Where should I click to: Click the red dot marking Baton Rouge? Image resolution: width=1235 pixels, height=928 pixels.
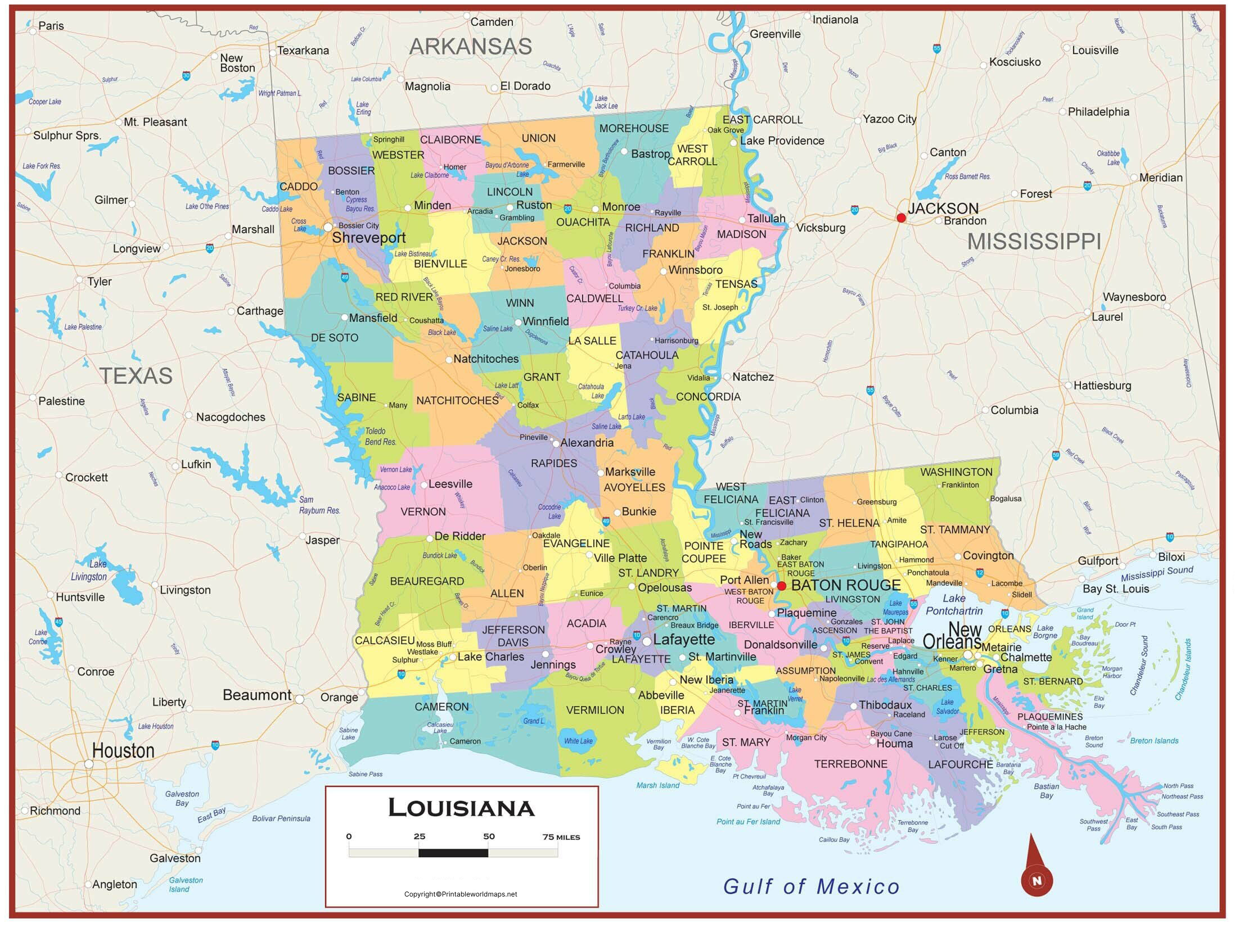point(781,586)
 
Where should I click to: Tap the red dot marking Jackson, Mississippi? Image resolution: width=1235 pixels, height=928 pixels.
point(901,218)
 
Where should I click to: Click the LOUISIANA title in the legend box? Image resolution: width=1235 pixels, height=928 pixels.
point(461,808)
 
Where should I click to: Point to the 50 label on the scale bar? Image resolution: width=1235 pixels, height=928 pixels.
point(489,836)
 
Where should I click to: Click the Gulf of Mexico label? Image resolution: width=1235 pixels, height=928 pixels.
point(811,886)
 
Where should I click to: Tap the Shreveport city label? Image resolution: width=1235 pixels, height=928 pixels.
point(368,238)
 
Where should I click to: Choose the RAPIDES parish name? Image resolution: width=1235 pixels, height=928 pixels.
point(554,463)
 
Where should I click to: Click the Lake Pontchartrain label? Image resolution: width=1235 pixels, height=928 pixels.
point(954,604)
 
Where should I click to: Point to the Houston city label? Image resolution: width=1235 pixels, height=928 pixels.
point(123,751)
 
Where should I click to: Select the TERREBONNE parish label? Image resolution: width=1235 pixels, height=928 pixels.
point(850,764)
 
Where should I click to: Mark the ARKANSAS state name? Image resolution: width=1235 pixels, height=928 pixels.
point(470,46)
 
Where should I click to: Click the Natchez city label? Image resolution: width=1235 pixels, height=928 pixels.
point(752,377)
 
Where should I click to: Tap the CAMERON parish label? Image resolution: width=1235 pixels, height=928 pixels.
point(441,707)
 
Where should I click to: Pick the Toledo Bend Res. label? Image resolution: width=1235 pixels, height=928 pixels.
point(381,436)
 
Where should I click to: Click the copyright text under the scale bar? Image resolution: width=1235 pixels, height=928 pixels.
point(461,894)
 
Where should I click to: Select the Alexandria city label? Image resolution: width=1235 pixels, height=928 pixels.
point(587,443)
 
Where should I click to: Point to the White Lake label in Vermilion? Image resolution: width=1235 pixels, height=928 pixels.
point(578,741)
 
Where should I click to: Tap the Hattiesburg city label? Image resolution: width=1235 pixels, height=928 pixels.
point(1102,386)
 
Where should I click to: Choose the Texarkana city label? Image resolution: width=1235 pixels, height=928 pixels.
point(303,51)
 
